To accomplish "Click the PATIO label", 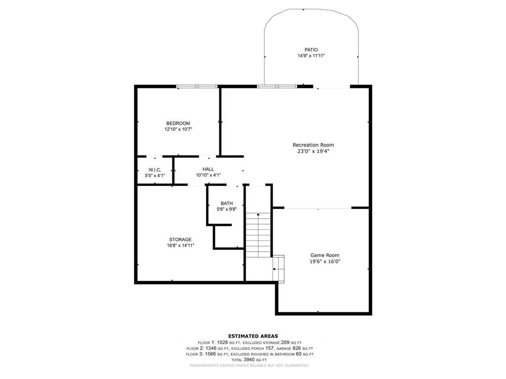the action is coord(311,50).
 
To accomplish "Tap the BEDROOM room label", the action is coord(178,123).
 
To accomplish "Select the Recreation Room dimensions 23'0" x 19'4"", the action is coord(313,151).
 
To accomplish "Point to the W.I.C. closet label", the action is coord(155,170).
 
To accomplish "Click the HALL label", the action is coord(208,169).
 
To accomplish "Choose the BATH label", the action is coord(226,203).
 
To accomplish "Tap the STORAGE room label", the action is coord(180,239).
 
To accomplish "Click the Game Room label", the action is coord(325,255).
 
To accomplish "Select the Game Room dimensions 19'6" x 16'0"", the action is coord(325,262).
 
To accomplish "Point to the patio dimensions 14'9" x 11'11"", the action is coord(311,56).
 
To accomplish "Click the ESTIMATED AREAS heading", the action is coord(253,336).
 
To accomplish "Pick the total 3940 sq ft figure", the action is coord(250,360).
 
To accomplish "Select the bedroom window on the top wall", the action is coord(197,86).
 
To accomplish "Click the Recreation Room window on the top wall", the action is coord(277,86).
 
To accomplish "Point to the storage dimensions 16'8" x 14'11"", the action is coord(180,246).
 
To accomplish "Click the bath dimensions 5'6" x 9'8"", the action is coord(226,209).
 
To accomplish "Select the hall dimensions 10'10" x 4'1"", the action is coord(208,175).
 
